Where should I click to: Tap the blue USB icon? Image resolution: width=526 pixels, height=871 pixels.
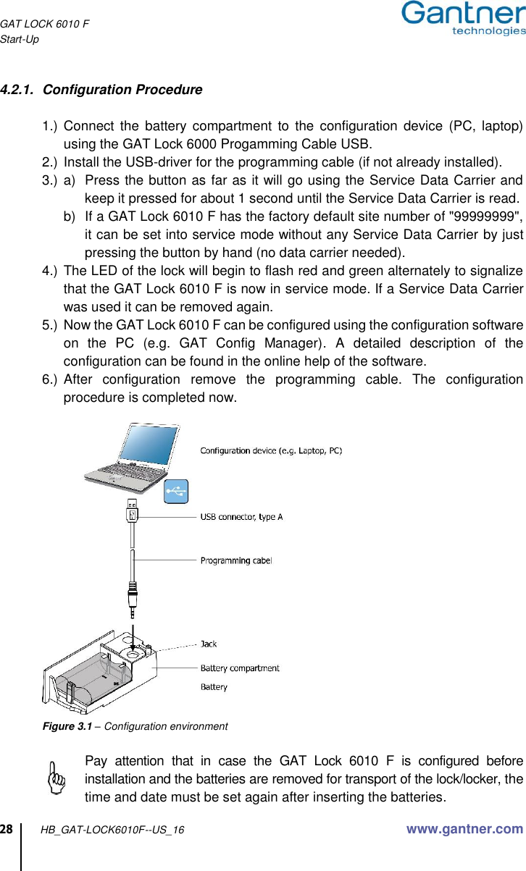tap(176, 492)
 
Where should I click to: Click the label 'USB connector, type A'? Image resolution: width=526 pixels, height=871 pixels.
tap(241, 517)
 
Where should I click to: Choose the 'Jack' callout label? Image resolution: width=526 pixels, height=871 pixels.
tap(209, 644)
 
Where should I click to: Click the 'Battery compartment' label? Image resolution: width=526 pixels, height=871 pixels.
tap(240, 668)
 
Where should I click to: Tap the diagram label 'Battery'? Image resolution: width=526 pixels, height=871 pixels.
tap(214, 687)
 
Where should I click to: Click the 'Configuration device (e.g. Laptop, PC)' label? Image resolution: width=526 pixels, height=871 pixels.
tap(271, 451)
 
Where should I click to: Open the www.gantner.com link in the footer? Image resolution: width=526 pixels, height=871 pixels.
tap(464, 829)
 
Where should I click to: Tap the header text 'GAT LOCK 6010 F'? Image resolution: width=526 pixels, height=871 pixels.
tap(45, 24)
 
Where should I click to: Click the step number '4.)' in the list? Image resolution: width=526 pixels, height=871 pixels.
tap(51, 271)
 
